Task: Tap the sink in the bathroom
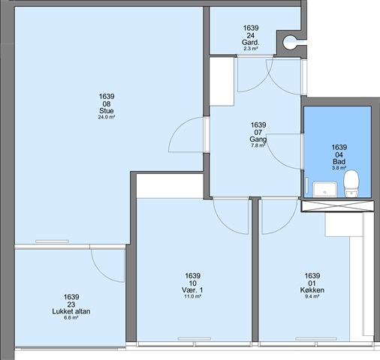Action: point(325,189)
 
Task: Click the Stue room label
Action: point(107,111)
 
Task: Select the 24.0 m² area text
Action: point(107,117)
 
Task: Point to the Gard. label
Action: point(251,43)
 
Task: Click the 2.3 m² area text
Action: point(251,49)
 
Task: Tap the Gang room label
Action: point(258,139)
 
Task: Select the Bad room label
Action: point(339,161)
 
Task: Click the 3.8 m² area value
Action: point(339,168)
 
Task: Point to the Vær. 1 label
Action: point(192,290)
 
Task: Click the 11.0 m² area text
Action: point(192,296)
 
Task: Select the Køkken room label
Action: point(312,290)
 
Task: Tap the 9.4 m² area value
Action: point(312,296)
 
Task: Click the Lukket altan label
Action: point(71,311)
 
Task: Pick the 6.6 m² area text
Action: point(71,318)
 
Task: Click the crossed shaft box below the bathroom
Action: point(338,206)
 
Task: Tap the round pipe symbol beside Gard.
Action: point(290,41)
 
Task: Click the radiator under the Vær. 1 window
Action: point(195,339)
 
